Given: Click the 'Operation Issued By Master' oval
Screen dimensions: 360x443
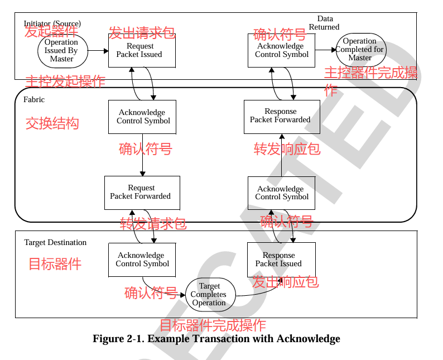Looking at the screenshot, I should pyautogui.click(x=61, y=50).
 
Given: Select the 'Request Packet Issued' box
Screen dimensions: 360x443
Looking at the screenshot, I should pyautogui.click(x=142, y=50).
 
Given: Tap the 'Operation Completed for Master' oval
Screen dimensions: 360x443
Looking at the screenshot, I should pyautogui.click(x=360, y=49).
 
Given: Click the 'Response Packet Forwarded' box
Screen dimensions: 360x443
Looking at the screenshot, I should pyautogui.click(x=281, y=116).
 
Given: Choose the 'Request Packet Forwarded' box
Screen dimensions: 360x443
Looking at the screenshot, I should pyautogui.click(x=142, y=192).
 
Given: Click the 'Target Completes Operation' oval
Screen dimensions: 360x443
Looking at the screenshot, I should pyautogui.click(x=209, y=295).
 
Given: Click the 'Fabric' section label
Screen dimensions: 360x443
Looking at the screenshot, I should pyautogui.click(x=34, y=99).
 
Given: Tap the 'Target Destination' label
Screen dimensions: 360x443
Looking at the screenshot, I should pyautogui.click(x=55, y=242).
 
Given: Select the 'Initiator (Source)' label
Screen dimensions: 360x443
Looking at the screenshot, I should pyautogui.click(x=52, y=23).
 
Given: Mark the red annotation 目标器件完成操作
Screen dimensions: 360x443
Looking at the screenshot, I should pyautogui.click(x=213, y=325).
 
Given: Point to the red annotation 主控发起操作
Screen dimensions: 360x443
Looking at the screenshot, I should pyautogui.click(x=66, y=81).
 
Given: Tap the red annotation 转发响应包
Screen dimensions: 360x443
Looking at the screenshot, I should pyautogui.click(x=287, y=148).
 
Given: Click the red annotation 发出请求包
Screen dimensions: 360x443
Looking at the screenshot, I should pyautogui.click(x=142, y=33).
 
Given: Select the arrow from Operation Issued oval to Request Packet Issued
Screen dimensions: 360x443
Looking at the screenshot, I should pyautogui.click(x=98, y=50).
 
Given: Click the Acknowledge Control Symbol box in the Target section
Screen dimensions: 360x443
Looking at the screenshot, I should pyautogui.click(x=142, y=260).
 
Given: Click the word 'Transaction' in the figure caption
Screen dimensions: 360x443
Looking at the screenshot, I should pyautogui.click(x=211, y=339).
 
